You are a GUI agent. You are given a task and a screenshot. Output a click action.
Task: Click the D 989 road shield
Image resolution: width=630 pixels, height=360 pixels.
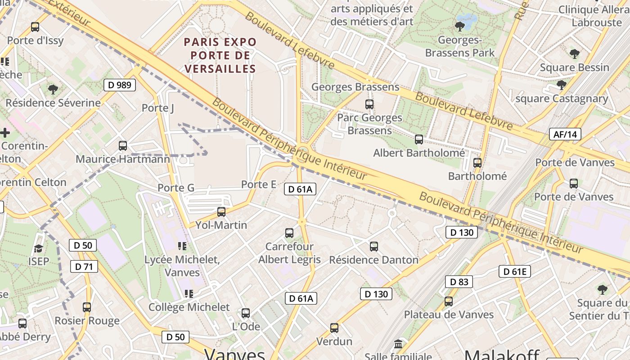click(x=120, y=85)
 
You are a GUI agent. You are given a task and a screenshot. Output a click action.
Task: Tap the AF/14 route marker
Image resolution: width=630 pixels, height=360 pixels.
click(x=565, y=134)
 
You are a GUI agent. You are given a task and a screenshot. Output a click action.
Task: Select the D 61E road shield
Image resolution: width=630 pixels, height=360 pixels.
click(x=515, y=271)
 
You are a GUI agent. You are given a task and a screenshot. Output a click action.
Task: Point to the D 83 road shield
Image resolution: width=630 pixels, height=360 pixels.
click(x=459, y=282)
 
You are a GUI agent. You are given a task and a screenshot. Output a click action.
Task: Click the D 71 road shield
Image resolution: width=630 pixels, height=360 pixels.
click(x=84, y=266)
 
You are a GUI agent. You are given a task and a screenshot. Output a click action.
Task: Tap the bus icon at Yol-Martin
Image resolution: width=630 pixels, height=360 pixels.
click(x=221, y=211)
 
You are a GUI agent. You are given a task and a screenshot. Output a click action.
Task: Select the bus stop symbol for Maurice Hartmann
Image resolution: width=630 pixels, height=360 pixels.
click(x=123, y=146)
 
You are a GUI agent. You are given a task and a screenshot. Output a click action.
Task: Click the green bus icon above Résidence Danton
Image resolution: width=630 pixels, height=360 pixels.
click(x=374, y=246)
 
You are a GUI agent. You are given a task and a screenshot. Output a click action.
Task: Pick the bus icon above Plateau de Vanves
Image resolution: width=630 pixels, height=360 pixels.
click(x=449, y=301)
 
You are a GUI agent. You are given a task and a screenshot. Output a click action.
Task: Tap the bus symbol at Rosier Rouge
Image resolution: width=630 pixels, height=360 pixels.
click(x=87, y=307)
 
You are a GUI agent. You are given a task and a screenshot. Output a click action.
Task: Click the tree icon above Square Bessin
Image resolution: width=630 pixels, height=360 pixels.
click(x=574, y=54)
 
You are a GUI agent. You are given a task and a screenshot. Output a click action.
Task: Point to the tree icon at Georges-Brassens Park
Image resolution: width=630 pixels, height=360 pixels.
click(x=460, y=26)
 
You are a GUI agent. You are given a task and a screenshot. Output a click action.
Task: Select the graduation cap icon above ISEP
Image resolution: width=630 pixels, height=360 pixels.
click(x=39, y=248)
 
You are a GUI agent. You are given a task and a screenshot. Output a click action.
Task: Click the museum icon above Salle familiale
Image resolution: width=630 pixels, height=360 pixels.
click(x=398, y=344)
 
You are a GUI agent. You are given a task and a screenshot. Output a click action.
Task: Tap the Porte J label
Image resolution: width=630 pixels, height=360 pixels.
click(x=157, y=108)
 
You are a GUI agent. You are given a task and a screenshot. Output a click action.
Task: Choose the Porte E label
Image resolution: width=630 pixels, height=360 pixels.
click(x=259, y=184)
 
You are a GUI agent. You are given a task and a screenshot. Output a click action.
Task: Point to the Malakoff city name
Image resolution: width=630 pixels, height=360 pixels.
click(x=502, y=355)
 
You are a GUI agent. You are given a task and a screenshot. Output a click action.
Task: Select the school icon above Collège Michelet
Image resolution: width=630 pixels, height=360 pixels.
click(x=189, y=294)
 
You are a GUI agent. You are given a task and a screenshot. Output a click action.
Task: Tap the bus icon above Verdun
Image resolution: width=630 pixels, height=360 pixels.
click(x=334, y=328)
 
